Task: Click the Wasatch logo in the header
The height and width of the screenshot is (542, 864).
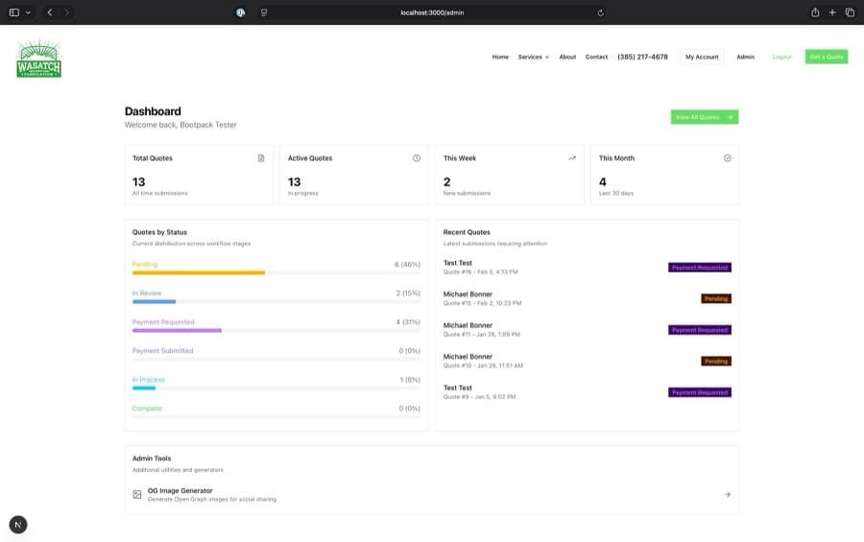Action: tap(38, 59)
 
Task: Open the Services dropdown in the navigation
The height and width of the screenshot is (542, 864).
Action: tap(533, 57)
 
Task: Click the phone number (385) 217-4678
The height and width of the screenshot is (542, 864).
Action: tap(642, 57)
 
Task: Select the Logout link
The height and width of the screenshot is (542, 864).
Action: tap(781, 57)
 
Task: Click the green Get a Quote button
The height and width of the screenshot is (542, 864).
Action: tap(826, 57)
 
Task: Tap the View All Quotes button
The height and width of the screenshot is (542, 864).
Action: tap(704, 117)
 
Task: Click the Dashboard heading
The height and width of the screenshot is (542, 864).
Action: tap(153, 111)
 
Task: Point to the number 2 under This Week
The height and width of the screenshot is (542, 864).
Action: tap(447, 181)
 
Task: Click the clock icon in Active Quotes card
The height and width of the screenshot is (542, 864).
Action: tap(417, 158)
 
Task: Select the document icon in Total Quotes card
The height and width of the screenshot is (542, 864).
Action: tap(261, 158)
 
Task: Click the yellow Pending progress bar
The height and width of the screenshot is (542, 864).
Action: tap(199, 272)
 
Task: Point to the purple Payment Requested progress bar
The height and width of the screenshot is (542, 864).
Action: tap(177, 330)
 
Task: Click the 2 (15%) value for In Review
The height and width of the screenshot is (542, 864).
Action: tap(407, 294)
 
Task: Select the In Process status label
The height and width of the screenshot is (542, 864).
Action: tap(148, 380)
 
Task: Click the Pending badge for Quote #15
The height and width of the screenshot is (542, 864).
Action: tap(715, 298)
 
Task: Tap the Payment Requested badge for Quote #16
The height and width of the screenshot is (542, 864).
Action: tap(700, 268)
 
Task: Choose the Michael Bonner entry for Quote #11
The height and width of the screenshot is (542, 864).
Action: tap(468, 325)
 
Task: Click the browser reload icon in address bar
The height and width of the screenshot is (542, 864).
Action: tap(600, 12)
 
